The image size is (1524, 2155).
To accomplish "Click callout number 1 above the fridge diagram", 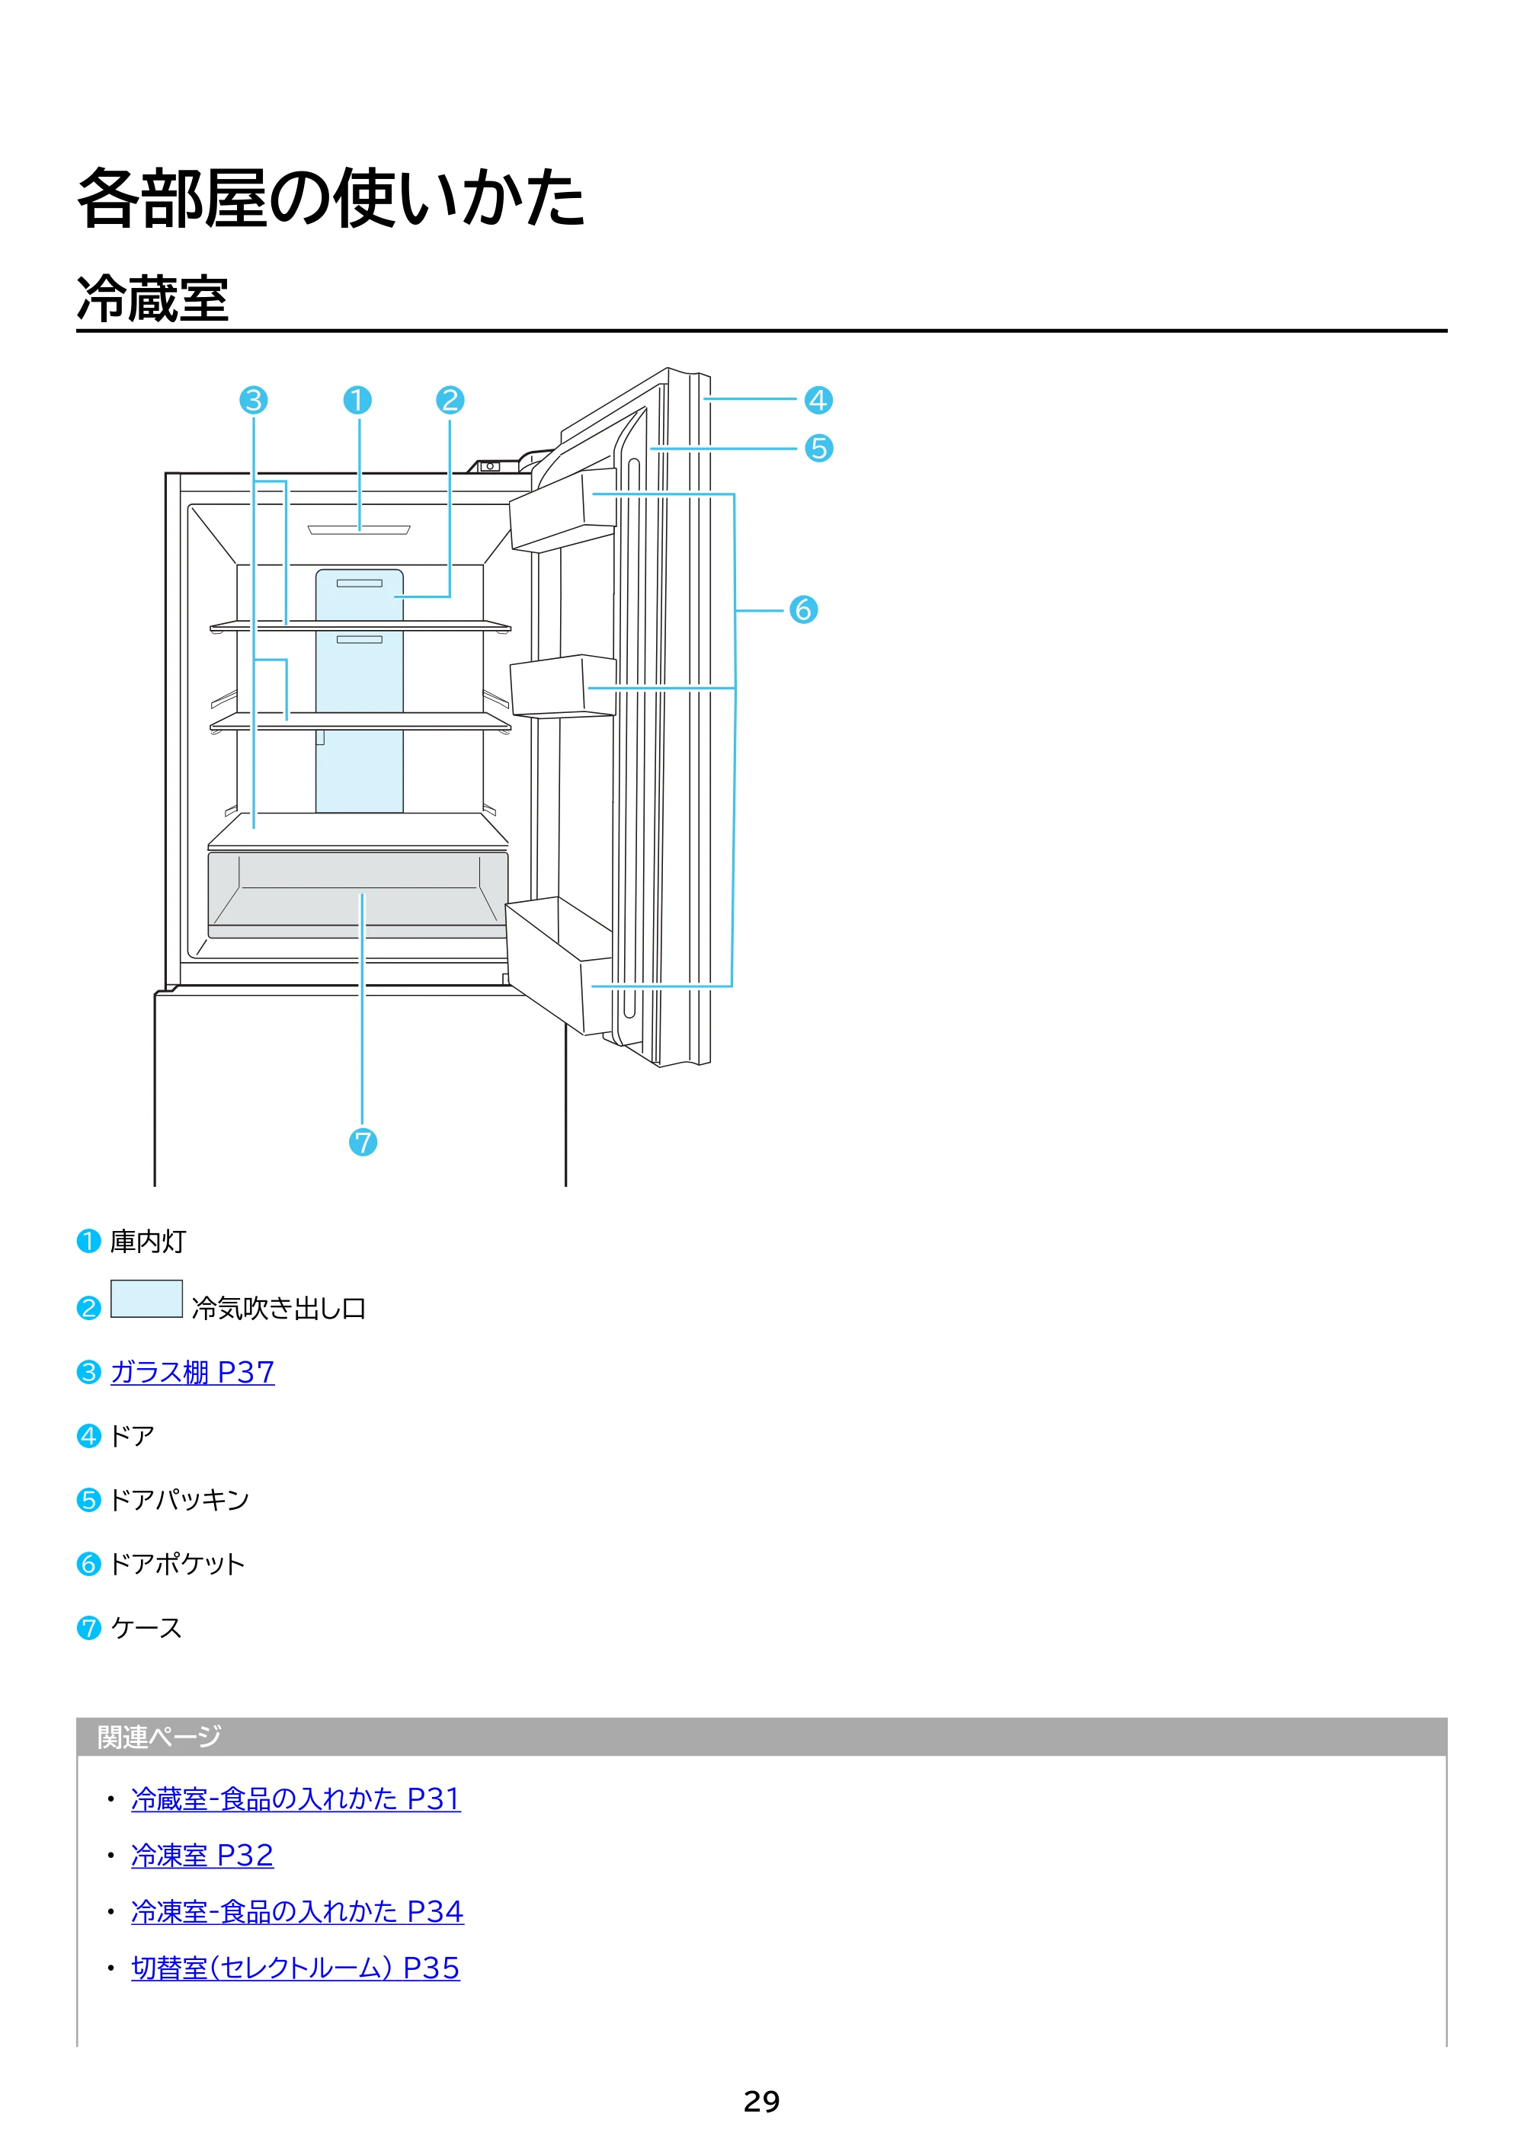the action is [x=357, y=401].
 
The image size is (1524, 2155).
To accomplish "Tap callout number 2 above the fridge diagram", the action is [x=450, y=401].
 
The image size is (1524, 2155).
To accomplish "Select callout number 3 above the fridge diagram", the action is [x=254, y=401].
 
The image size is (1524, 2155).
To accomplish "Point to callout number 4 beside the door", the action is [x=818, y=401].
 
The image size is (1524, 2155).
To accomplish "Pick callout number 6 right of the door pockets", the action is [x=803, y=610].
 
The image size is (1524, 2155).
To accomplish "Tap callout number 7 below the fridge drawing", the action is [x=363, y=1143].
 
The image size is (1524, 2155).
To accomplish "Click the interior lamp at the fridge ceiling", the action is [x=359, y=529].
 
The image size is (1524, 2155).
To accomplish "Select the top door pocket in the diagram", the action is [x=562, y=510].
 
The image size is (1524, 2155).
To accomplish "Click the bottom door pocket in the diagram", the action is [x=559, y=966].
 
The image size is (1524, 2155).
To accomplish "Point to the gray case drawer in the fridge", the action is [x=358, y=894].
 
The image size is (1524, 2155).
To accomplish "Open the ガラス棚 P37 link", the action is [x=193, y=1372].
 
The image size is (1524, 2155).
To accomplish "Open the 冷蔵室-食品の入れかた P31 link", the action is [x=296, y=1798].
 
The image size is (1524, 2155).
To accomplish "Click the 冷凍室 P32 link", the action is [x=203, y=1855].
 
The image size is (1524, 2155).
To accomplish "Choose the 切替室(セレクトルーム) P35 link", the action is [x=296, y=1968].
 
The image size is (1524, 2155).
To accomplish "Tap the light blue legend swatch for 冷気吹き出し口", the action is [x=146, y=1299].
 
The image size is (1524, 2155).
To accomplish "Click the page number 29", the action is [x=761, y=2102].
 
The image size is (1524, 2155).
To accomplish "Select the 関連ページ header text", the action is [x=159, y=1738].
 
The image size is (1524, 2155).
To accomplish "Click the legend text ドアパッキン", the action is [x=179, y=1500].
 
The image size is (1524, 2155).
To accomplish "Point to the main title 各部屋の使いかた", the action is [x=331, y=198].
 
